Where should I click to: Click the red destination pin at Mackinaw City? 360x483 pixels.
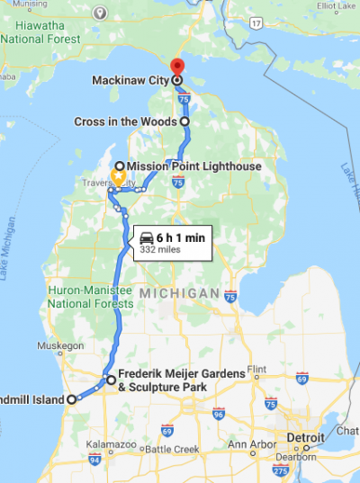click(176, 67)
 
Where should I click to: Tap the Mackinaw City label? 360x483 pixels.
click(130, 80)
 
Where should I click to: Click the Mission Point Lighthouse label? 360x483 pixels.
click(194, 166)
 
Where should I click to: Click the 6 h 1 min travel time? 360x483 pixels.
click(181, 237)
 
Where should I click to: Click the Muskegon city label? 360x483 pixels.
click(59, 345)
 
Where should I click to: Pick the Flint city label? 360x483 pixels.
click(256, 369)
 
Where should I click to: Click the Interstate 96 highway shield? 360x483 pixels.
click(219, 415)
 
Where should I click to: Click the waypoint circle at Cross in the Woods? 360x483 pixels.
click(184, 121)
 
